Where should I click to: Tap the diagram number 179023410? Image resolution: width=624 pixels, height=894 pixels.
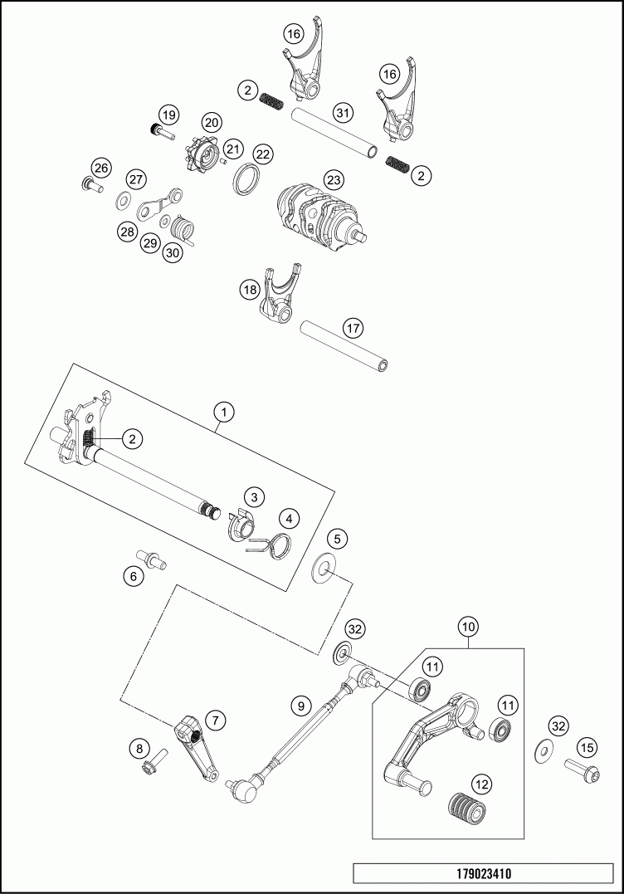484,874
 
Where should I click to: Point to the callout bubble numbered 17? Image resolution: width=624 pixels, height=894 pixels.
353,328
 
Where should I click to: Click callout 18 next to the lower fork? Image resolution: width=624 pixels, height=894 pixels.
250,290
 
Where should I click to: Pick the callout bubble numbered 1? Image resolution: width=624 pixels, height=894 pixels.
222,411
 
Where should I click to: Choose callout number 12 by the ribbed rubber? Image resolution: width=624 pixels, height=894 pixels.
481,784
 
